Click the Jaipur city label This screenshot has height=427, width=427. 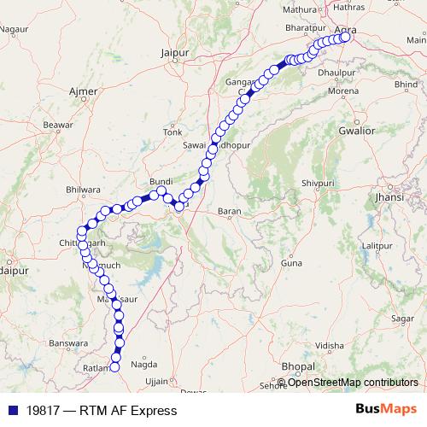(173, 53)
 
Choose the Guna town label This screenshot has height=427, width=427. (291, 263)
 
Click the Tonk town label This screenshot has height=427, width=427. (173, 132)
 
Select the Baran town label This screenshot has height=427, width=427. (230, 210)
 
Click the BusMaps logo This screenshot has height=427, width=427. (387, 410)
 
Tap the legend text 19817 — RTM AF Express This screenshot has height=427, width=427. (102, 411)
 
